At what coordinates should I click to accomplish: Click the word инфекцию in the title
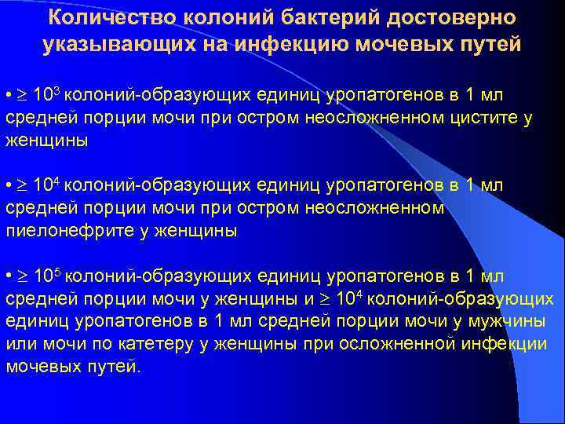tap(304, 44)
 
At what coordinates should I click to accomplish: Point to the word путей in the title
tap(490, 44)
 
